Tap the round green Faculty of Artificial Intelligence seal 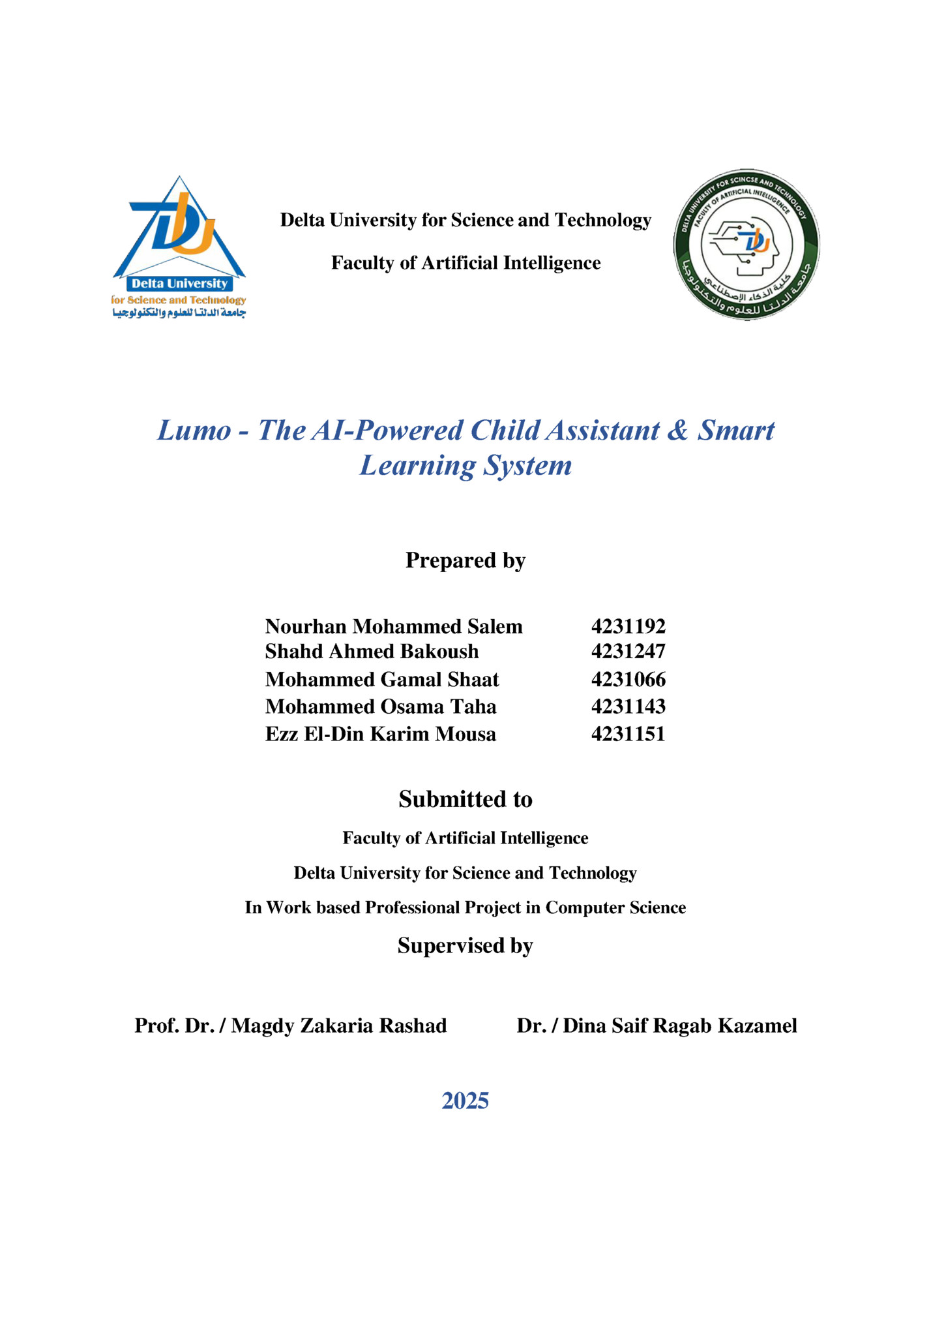click(746, 245)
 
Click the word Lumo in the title click(194, 431)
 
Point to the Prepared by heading click(465, 560)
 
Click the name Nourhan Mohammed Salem click(394, 626)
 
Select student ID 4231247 click(628, 651)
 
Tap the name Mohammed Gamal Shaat click(381, 679)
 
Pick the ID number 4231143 click(628, 706)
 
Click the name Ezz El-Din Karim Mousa click(380, 734)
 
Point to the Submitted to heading click(465, 799)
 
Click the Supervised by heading click(465, 945)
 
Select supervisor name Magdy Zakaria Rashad click(339, 1026)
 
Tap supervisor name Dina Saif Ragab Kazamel click(679, 1026)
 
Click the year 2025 click(465, 1101)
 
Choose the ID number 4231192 click(628, 626)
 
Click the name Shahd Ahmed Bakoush click(372, 651)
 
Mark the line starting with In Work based click(465, 907)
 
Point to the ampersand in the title click(678, 431)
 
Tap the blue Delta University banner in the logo click(179, 284)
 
